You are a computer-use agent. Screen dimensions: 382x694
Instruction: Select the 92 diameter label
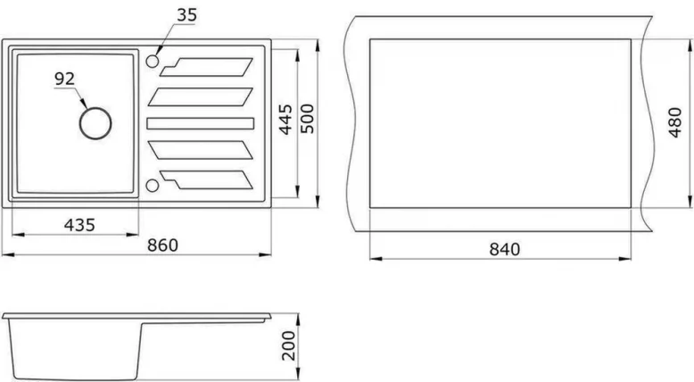tap(64, 79)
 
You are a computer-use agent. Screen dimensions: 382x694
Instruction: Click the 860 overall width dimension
tap(162, 245)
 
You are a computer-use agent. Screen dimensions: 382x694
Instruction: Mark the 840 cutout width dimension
tap(503, 248)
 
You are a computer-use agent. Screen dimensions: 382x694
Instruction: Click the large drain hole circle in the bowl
tap(95, 122)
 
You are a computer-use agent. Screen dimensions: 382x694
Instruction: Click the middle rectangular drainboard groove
tap(200, 122)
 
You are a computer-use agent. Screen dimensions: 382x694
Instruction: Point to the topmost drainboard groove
tap(210, 64)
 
